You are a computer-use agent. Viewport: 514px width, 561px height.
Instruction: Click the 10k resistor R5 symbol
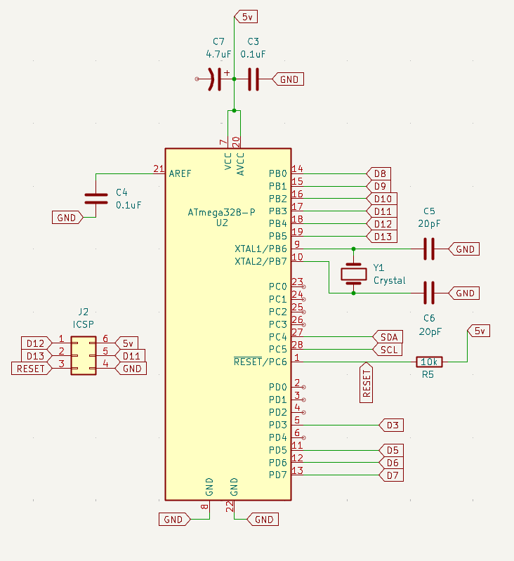(x=428, y=362)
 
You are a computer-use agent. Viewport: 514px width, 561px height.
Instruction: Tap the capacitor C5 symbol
(x=428, y=249)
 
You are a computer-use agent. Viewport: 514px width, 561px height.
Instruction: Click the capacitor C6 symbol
(x=428, y=293)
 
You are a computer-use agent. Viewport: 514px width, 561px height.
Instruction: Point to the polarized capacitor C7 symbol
(x=216, y=79)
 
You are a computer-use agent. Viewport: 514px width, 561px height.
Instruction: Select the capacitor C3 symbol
(x=253, y=79)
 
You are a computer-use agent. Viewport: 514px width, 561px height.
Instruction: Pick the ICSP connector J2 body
(x=85, y=355)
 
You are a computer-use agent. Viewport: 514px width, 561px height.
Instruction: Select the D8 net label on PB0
(x=378, y=173)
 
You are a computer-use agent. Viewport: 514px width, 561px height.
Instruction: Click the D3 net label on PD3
(x=391, y=425)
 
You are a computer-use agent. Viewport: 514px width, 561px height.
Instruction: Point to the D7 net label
(x=391, y=475)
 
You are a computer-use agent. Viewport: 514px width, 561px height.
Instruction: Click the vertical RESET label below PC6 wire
(x=366, y=383)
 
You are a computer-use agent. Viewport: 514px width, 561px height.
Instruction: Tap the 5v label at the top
(x=247, y=17)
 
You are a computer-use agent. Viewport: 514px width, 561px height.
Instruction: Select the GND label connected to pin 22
(x=262, y=520)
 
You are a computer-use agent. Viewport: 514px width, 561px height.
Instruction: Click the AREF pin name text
(x=180, y=173)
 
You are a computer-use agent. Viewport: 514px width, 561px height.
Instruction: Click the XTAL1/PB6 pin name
(x=261, y=249)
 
